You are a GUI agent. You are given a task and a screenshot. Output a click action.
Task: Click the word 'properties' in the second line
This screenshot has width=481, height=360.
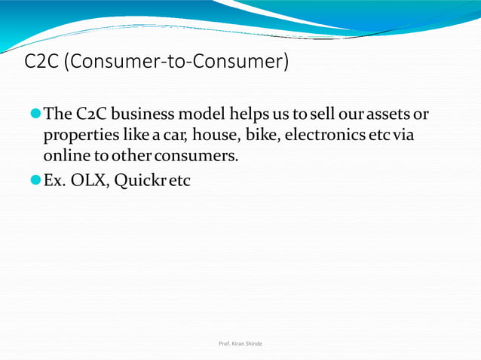78,136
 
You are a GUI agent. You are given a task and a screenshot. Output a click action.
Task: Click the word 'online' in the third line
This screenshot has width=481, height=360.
64,156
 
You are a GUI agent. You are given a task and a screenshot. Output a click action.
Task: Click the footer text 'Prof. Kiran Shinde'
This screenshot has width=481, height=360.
240,343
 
